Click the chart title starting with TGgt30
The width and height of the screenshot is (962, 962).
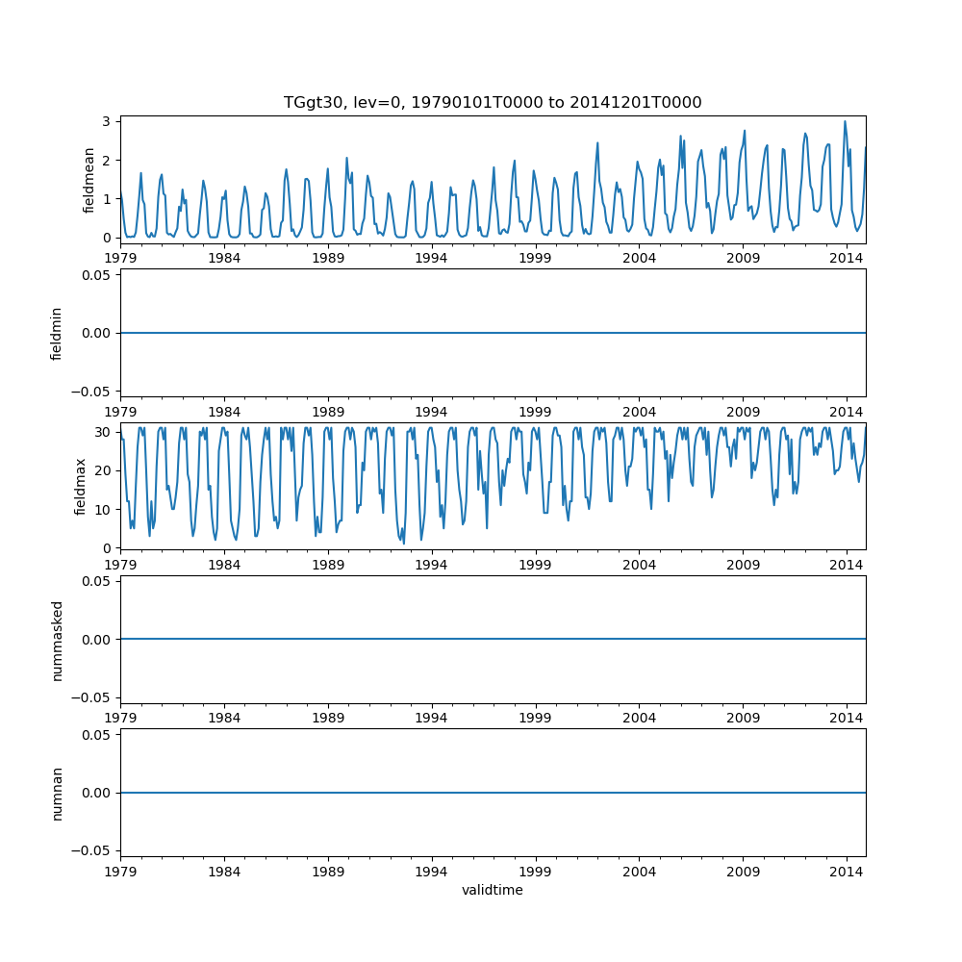(x=493, y=103)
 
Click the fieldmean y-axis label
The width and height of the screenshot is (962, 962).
(x=89, y=180)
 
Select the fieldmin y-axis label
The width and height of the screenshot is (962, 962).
(x=57, y=333)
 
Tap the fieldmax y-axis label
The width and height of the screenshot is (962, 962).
(x=82, y=486)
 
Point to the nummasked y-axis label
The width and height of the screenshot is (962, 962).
(x=57, y=639)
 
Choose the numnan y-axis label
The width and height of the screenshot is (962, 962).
(x=57, y=793)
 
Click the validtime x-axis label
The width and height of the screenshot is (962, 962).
(x=493, y=891)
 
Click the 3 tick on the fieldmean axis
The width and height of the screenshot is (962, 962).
(x=109, y=121)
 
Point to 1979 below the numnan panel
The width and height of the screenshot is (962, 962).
(x=121, y=871)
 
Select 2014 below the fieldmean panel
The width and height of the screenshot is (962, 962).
(x=847, y=258)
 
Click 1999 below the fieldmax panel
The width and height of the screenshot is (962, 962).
(x=536, y=564)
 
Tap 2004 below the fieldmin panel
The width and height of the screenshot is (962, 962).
(x=639, y=411)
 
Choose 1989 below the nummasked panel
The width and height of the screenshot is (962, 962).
(x=328, y=717)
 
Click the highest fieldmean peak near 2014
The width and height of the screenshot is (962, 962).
(x=845, y=121)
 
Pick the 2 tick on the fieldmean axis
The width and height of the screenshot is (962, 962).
(x=109, y=160)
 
